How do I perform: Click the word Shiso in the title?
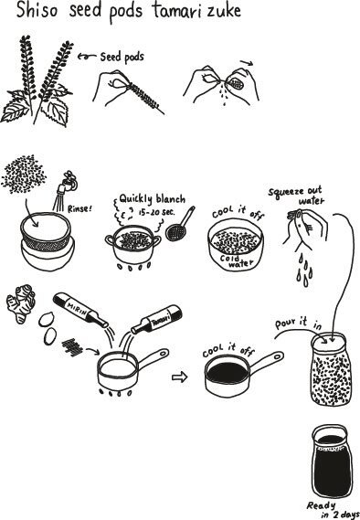(x=37, y=10)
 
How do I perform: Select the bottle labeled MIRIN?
(x=80, y=310)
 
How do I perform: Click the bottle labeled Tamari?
(x=156, y=319)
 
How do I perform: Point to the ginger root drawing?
(x=20, y=303)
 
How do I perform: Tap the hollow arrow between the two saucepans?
(x=180, y=377)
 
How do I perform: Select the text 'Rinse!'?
(x=79, y=208)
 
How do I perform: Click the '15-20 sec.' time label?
(x=156, y=212)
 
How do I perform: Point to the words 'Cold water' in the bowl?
(x=237, y=261)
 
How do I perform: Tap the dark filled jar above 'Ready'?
(x=331, y=461)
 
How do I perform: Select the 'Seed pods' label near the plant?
(x=122, y=57)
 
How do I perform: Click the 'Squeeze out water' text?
(x=297, y=196)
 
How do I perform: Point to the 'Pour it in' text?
(x=298, y=323)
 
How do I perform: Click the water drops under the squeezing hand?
(x=305, y=270)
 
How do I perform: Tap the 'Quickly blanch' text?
(x=153, y=199)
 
